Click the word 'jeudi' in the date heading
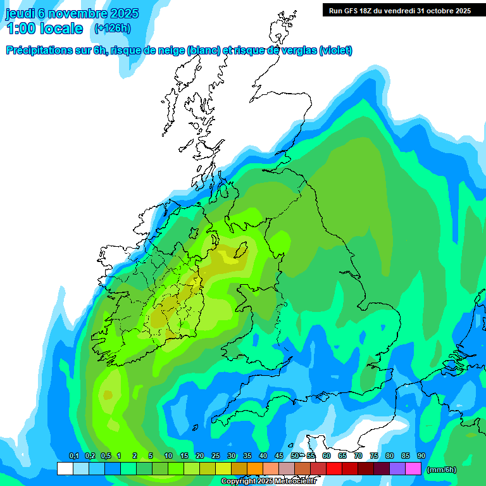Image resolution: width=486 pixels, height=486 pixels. [20, 13]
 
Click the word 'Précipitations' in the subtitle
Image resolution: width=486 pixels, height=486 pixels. [39, 51]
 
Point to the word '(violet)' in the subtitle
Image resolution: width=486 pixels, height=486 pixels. [336, 51]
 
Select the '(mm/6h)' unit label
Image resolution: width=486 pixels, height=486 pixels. [442, 469]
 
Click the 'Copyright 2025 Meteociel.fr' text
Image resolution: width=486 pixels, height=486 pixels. [268, 482]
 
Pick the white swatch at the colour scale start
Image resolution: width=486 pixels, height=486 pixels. [65, 469]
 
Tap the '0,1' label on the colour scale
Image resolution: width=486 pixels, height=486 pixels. [73, 456]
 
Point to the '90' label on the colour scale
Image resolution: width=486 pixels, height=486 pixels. [421, 456]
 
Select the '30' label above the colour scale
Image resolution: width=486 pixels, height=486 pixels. [232, 456]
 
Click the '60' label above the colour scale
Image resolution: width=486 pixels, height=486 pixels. [327, 456]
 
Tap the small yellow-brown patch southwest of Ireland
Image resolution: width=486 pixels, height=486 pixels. [108, 395]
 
